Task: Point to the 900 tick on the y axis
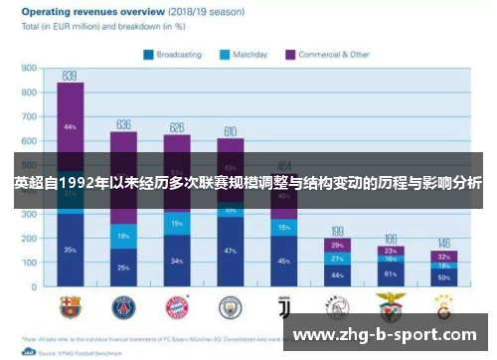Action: [29, 70]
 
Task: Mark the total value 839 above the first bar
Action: [70, 75]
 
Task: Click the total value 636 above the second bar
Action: [123, 123]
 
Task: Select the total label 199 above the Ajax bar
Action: [337, 230]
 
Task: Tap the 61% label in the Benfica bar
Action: [391, 272]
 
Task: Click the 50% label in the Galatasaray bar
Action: [444, 277]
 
